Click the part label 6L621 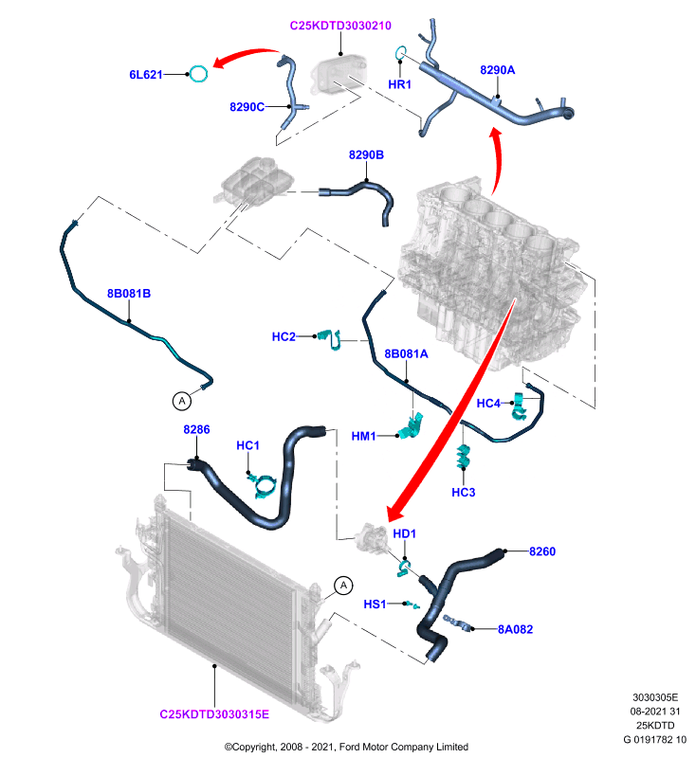(x=146, y=75)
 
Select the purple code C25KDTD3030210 (x=340, y=26)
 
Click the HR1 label (x=399, y=84)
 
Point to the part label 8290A (x=497, y=70)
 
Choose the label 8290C (x=247, y=107)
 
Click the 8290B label (x=366, y=154)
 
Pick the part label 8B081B (x=129, y=294)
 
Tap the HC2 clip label (x=284, y=336)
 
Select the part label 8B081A (x=406, y=353)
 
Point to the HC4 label (x=488, y=404)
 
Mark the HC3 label (x=464, y=492)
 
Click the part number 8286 (x=196, y=429)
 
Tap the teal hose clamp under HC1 (x=264, y=485)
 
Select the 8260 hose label (x=542, y=551)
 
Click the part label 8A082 (x=516, y=629)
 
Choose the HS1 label (x=375, y=605)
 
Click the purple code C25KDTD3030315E (x=214, y=714)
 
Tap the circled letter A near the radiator (x=343, y=586)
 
